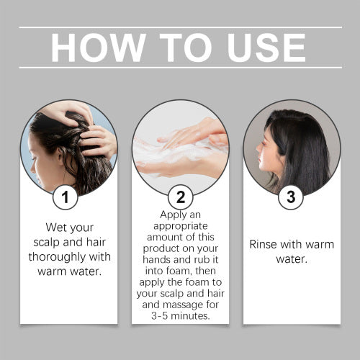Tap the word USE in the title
[267, 48]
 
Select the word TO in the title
[186, 48]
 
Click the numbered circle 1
[66, 197]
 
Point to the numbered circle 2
[181, 197]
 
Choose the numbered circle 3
[291, 197]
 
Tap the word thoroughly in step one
[57, 257]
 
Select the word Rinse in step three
[264, 244]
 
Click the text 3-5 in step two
[159, 316]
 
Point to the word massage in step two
[183, 305]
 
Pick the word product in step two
[160, 249]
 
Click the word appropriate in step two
[181, 226]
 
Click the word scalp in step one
[47, 243]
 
